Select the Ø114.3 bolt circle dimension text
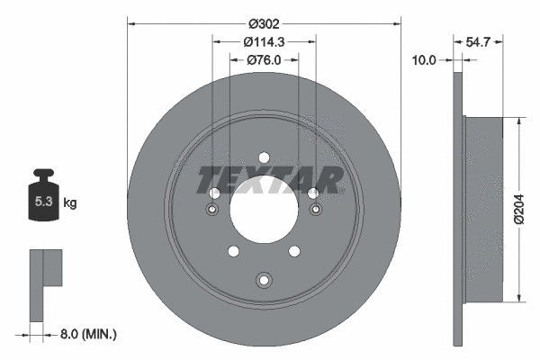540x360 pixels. tap(264, 41)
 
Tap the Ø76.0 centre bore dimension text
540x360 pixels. tap(264, 60)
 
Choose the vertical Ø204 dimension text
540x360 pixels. tap(519, 210)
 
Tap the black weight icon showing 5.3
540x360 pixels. tap(43, 198)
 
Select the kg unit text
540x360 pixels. tap(70, 203)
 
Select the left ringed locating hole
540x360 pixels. tap(213, 211)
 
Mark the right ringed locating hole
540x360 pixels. tap(315, 211)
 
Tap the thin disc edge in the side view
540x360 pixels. tap(454, 209)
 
